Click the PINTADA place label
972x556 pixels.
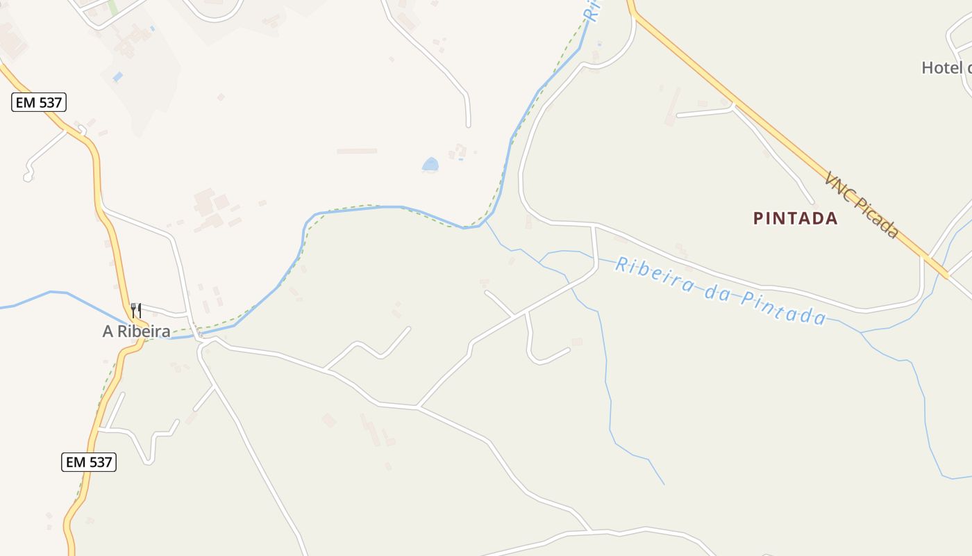coord(796,218)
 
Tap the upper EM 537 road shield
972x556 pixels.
coord(39,103)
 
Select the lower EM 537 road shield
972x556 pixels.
coord(89,461)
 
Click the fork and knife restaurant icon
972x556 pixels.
coord(136,310)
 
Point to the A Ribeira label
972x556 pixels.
coord(136,332)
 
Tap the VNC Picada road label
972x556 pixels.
coord(862,205)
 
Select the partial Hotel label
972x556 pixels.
coord(946,67)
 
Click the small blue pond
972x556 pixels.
coord(430,165)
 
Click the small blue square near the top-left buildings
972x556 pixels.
coord(117,76)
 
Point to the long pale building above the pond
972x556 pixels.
coord(357,151)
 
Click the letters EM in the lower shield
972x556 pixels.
coord(76,461)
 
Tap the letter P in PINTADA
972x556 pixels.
coord(758,218)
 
